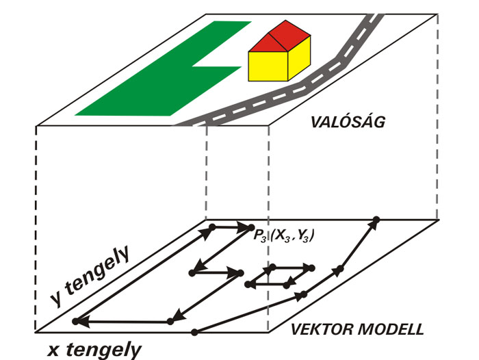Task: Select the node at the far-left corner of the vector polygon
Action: [75, 321]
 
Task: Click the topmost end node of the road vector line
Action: [376, 219]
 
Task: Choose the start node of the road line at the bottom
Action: [195, 333]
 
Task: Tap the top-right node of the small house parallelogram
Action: [312, 267]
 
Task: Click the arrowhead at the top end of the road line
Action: [373, 223]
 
